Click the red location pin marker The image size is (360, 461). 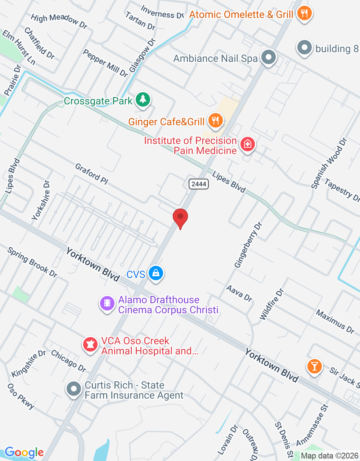pos(180,218)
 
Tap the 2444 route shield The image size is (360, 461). pos(199,184)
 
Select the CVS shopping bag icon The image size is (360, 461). pos(156,273)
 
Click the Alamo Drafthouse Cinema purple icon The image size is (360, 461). pos(107,303)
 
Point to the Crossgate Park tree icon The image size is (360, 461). pos(143,99)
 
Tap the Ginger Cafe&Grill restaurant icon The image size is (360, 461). pos(215,120)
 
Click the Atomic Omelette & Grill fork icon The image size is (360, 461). pos(304,13)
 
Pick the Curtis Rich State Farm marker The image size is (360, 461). pos(74,389)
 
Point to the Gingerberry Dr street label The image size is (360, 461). pos(248,245)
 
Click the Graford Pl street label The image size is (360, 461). pos(91,174)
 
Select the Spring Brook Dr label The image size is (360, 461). pos(32,262)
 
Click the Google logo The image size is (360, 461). pos(24,452)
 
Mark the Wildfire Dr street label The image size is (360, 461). pos(272,304)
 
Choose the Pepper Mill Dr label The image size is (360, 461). pos(105,63)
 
